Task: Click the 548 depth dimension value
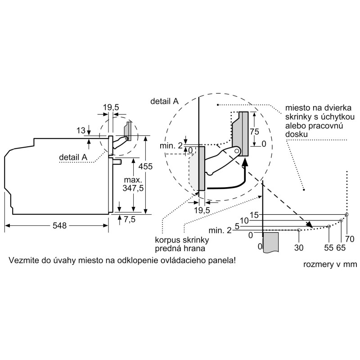(x=59, y=225)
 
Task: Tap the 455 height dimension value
(x=145, y=166)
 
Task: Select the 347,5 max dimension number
(x=133, y=188)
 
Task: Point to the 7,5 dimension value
(x=130, y=220)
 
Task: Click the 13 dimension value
(x=81, y=130)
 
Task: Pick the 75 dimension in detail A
(x=254, y=131)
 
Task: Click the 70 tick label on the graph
(x=350, y=239)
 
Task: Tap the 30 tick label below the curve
(x=299, y=248)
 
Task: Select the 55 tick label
(x=329, y=248)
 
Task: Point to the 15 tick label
(x=254, y=215)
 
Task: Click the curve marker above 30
(x=299, y=230)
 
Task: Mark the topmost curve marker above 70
(x=346, y=215)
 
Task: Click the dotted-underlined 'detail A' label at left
(x=73, y=157)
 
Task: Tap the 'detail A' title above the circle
(x=164, y=101)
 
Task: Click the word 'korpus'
(x=167, y=240)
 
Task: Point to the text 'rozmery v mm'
(x=330, y=264)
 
